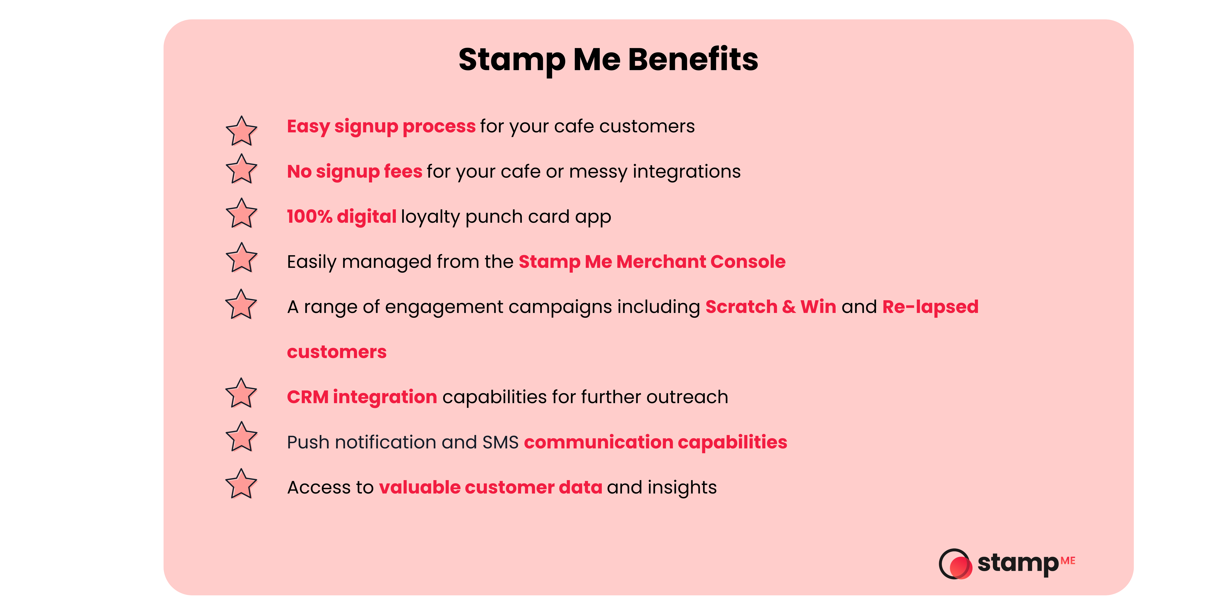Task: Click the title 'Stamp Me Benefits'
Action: [x=608, y=60]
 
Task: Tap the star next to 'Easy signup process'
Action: [x=241, y=131]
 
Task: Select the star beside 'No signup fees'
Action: [x=241, y=169]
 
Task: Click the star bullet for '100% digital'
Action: [x=241, y=213]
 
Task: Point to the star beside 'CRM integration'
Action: [x=241, y=394]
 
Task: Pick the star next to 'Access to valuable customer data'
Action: [x=241, y=484]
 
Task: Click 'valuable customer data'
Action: [x=491, y=487]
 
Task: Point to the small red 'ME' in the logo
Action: [x=1068, y=561]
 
